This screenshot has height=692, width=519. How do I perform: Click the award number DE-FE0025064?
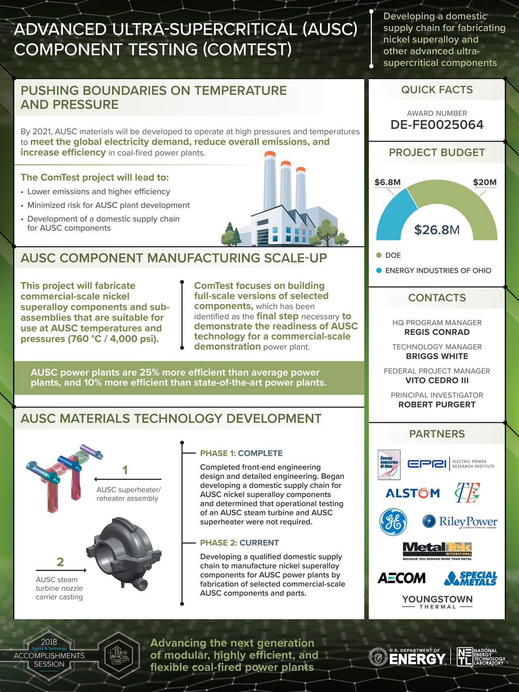point(437,124)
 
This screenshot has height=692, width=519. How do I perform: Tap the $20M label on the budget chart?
point(485,182)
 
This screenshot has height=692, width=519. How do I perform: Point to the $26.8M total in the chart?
point(437,230)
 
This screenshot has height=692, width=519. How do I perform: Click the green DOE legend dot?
point(379,255)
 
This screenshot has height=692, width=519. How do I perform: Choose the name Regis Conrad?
point(437,332)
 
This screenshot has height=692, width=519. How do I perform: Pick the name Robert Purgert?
point(437,405)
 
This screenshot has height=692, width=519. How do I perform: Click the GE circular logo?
point(393,522)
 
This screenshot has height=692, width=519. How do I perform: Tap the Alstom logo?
point(412,493)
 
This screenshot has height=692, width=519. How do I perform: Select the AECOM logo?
point(401,578)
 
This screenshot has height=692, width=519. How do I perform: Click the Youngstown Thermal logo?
point(437,602)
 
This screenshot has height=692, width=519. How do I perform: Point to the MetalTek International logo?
point(437,551)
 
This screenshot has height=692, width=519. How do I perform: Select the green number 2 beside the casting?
point(60,562)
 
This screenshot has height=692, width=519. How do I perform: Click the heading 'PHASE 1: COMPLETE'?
point(241,453)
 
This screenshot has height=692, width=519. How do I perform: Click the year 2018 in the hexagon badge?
point(49,642)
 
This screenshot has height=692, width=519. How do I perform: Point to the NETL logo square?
point(465,657)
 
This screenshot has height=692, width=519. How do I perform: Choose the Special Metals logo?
point(471,578)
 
